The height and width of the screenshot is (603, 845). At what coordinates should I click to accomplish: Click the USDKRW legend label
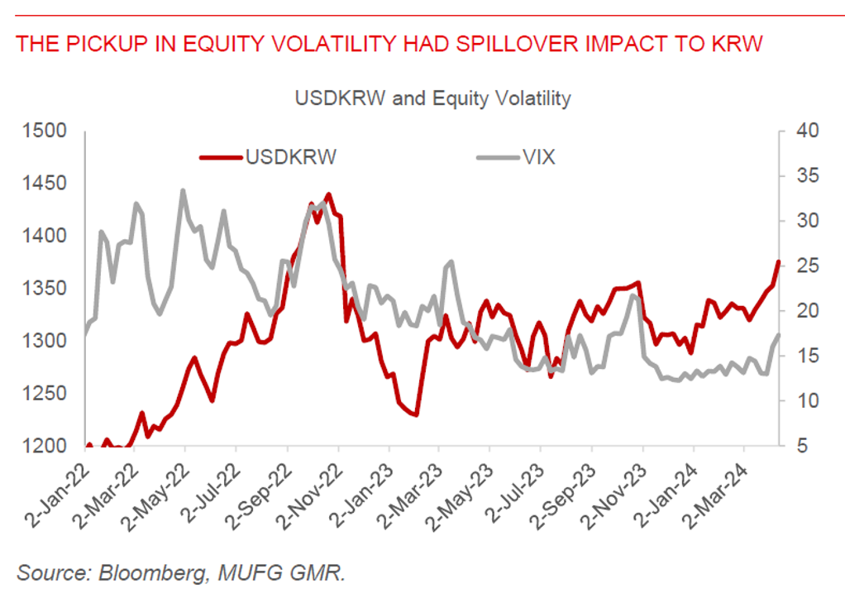pyautogui.click(x=290, y=157)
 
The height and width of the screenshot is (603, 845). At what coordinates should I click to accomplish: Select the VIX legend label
pyautogui.click(x=538, y=157)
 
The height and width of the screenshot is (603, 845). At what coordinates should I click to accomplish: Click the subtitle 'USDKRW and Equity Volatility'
pyautogui.click(x=432, y=98)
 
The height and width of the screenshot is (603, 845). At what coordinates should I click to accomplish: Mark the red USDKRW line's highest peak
pyautogui.click(x=328, y=195)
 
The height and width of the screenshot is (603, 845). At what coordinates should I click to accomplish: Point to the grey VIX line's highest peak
pyautogui.click(x=183, y=191)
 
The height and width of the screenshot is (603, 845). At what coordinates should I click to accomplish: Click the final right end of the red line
pyautogui.click(x=778, y=261)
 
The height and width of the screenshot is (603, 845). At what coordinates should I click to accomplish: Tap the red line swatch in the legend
pyautogui.click(x=220, y=157)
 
